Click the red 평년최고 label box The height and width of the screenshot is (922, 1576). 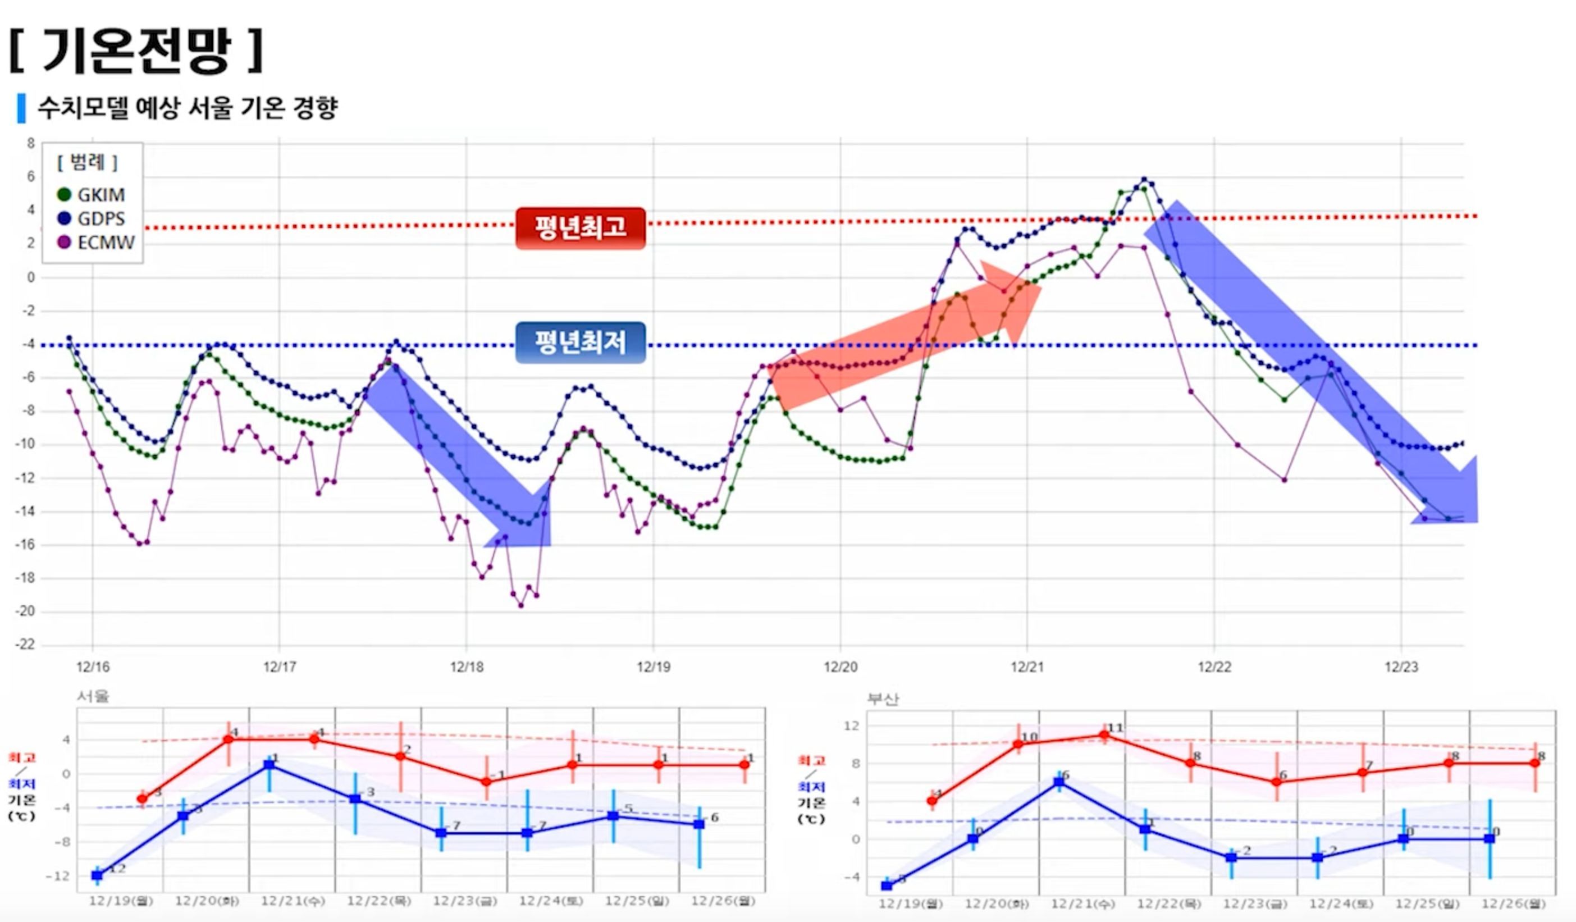(x=580, y=227)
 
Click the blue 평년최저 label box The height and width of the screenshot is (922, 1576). (x=580, y=342)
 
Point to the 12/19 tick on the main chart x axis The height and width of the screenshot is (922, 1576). (x=654, y=667)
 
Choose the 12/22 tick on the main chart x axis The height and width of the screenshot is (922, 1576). (x=1214, y=667)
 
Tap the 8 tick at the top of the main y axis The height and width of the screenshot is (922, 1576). (x=30, y=143)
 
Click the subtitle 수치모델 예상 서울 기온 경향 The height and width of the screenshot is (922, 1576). (x=188, y=108)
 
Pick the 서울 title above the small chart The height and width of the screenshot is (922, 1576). (x=93, y=696)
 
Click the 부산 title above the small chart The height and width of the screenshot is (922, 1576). (x=883, y=699)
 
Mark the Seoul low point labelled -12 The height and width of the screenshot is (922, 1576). (x=97, y=874)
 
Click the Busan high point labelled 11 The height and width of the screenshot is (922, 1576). (x=1104, y=736)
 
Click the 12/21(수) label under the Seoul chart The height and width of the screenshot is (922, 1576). (x=292, y=901)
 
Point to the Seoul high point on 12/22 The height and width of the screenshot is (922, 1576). (x=400, y=756)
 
